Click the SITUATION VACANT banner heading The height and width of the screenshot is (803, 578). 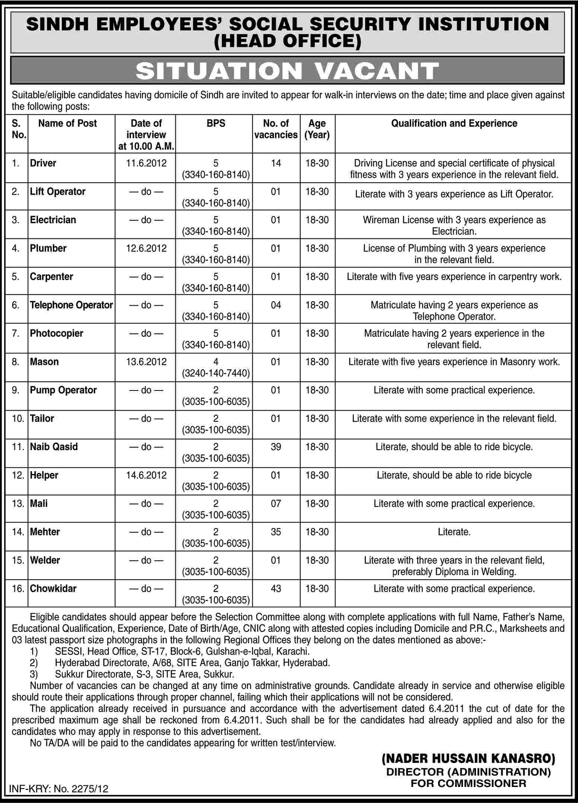287,71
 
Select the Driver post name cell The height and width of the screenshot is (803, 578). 43,163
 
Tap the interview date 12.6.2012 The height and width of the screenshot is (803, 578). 146,248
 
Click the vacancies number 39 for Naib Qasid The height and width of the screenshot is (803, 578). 276,447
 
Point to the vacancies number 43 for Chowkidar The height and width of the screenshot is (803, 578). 276,588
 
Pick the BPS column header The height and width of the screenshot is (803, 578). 216,123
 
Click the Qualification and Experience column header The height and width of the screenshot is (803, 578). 454,123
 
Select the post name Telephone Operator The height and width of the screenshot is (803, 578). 71,305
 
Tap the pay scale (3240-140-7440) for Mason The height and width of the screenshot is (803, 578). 216,373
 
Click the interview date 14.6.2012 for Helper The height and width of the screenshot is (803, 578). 146,475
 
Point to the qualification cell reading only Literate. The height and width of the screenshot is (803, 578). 454,532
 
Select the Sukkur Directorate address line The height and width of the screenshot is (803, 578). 144,674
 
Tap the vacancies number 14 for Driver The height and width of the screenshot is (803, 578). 276,163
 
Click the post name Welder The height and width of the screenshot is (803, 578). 45,560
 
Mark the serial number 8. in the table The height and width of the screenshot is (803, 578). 15,362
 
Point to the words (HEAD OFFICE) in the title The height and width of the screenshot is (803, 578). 287,41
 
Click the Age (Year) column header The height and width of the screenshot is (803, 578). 317,129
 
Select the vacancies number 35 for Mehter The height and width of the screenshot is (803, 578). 276,532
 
